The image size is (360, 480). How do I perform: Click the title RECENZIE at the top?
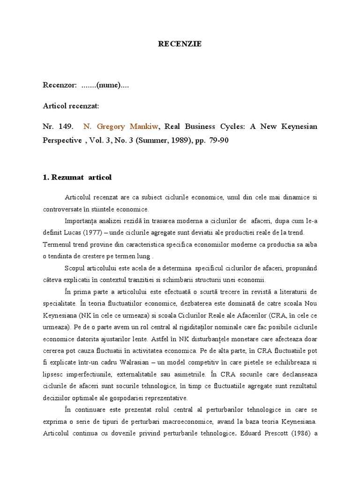tap(180, 44)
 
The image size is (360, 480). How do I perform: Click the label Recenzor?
tap(60, 85)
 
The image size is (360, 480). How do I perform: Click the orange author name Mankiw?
tap(143, 127)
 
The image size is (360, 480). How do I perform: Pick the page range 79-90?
tap(218, 140)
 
